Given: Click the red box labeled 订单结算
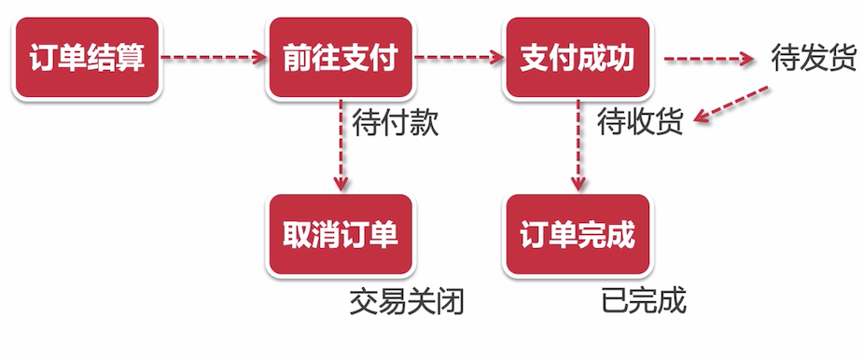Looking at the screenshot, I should [x=87, y=59].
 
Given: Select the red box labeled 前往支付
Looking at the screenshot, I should [x=341, y=59].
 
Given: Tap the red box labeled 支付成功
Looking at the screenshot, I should [x=577, y=59].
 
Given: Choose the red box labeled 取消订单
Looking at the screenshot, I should [x=341, y=234].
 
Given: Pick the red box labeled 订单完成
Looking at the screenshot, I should [x=577, y=234].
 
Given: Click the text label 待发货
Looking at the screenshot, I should [x=814, y=59].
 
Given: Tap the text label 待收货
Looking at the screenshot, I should [x=640, y=122].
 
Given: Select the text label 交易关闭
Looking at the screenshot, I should [x=407, y=301].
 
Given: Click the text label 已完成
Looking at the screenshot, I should [x=644, y=301].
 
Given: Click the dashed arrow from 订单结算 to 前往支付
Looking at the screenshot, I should [x=214, y=59].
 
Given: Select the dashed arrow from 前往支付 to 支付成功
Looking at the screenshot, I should [x=459, y=59].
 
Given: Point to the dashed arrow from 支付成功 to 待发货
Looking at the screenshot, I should [x=707, y=59].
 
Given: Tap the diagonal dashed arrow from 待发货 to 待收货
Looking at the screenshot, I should [x=734, y=104].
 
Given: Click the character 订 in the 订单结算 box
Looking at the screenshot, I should [x=45, y=59].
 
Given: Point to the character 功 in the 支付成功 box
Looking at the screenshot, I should [x=619, y=59].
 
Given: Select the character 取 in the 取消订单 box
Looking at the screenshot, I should [x=298, y=234].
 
